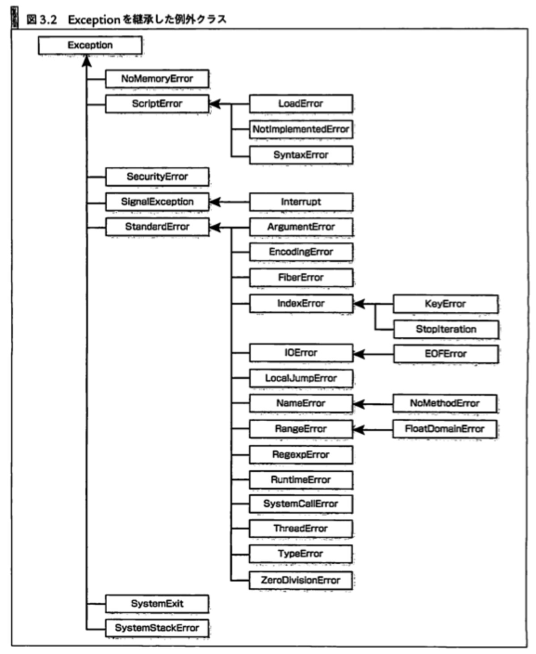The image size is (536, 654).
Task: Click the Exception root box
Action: (x=90, y=45)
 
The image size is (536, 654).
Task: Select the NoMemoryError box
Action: (x=157, y=79)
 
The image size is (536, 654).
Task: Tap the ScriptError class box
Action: (x=157, y=104)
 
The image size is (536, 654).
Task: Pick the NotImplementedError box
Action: (x=301, y=129)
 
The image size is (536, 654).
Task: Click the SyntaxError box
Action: (x=301, y=155)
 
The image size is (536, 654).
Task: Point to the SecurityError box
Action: (x=157, y=177)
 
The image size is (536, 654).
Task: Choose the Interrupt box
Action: (x=301, y=202)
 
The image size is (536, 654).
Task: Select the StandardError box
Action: (x=157, y=226)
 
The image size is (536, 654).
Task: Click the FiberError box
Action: (x=301, y=277)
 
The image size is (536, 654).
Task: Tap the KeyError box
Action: (x=446, y=304)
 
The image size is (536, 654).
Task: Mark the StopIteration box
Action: (x=446, y=329)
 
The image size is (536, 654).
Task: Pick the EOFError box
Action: (x=446, y=354)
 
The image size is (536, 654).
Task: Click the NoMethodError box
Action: (x=445, y=403)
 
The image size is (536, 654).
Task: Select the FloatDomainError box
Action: (x=445, y=429)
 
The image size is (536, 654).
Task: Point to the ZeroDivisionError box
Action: (x=301, y=580)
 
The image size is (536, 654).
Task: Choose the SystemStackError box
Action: (x=157, y=628)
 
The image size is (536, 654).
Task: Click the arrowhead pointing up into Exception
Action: (x=87, y=61)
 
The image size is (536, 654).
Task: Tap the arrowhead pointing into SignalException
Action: (x=215, y=202)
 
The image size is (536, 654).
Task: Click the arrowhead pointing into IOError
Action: (x=359, y=354)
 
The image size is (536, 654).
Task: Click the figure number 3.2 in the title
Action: (x=48, y=20)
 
